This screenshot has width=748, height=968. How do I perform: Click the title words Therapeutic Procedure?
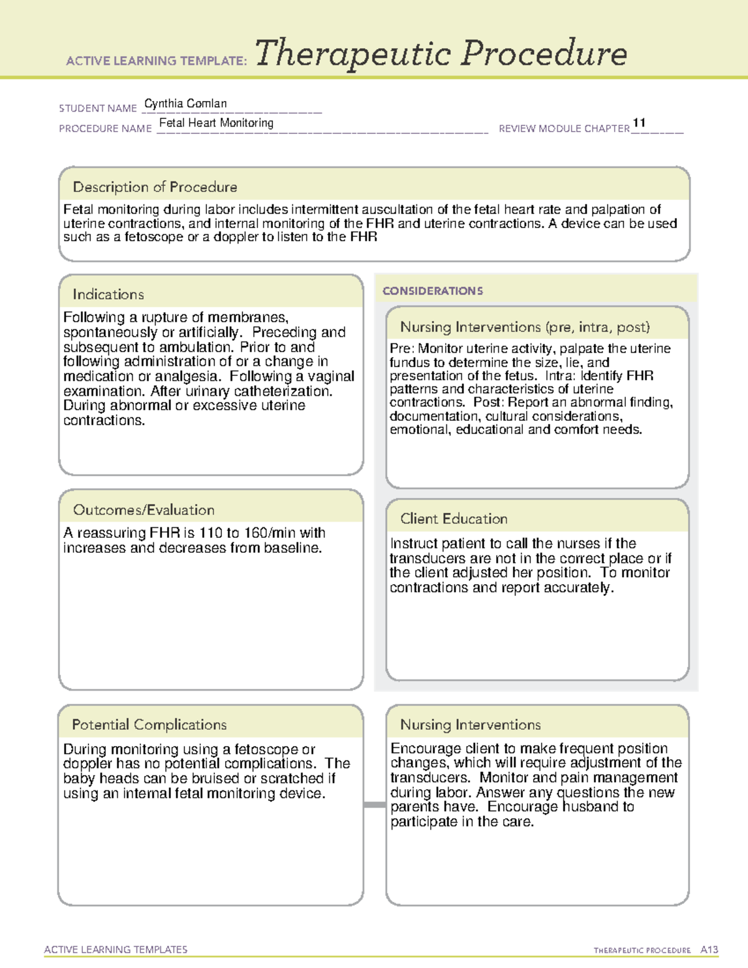441,54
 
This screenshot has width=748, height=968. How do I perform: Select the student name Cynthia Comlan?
185,103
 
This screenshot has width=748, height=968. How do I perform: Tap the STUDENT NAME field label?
98,108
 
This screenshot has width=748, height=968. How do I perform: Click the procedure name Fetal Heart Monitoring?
216,123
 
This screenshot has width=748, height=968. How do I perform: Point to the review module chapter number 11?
639,123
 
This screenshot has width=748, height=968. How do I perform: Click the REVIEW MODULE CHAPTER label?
563,128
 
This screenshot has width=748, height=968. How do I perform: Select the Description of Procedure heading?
155,187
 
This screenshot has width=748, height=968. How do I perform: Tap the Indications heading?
108,294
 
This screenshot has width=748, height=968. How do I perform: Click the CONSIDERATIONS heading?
433,291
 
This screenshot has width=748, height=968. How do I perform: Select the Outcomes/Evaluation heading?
143,510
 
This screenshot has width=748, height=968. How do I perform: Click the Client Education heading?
453,519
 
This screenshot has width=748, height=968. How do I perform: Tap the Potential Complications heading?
149,725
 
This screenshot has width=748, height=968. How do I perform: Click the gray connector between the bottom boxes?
374,805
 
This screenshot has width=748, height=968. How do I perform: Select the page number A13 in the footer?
709,950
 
